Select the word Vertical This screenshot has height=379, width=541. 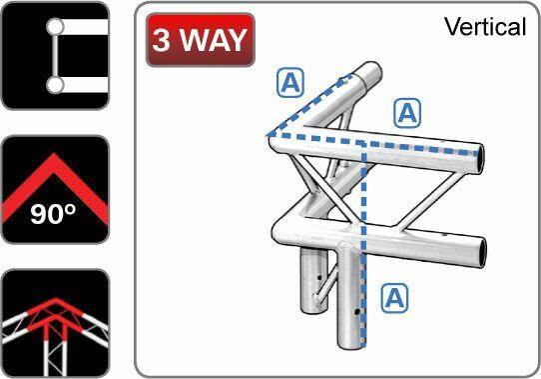point(485,27)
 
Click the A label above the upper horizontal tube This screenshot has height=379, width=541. point(406,113)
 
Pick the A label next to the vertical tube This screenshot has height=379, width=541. point(395,296)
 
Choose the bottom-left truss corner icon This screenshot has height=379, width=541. point(54,323)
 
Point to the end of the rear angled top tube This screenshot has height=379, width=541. point(371,75)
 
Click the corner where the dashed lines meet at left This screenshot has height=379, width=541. point(268,133)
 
